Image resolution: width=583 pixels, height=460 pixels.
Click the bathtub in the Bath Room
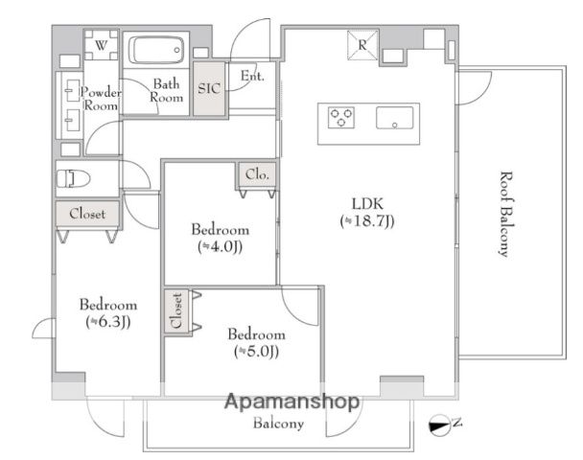tap(156, 50)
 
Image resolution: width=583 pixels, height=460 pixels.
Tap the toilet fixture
tap(74, 179)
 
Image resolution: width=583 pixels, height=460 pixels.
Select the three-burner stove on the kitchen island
tap(341, 118)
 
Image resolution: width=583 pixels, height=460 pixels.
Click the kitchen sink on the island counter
tap(394, 118)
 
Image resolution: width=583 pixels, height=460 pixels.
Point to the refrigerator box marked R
tap(362, 45)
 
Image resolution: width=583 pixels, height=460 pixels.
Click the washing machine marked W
tap(101, 45)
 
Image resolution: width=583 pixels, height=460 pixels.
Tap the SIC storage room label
tap(209, 88)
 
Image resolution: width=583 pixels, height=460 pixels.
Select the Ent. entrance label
tap(252, 76)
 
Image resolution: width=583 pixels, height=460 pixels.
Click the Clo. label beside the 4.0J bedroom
tap(257, 174)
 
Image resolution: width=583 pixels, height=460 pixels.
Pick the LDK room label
tap(367, 204)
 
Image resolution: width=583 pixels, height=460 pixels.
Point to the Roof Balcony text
tap(505, 214)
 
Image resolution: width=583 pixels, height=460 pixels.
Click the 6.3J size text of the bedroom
tap(108, 322)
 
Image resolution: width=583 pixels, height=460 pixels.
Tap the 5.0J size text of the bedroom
tap(257, 351)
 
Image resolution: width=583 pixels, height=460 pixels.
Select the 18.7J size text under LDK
tap(367, 221)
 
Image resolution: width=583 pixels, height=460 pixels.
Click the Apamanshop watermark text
tap(292, 402)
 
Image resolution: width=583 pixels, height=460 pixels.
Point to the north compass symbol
tap(442, 425)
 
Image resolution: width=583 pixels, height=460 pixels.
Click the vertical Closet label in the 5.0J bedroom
tap(176, 311)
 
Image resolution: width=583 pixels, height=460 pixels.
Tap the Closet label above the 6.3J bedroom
tap(87, 214)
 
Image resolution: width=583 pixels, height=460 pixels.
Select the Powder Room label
tap(101, 99)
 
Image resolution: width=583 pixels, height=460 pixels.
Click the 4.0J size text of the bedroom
tap(221, 246)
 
